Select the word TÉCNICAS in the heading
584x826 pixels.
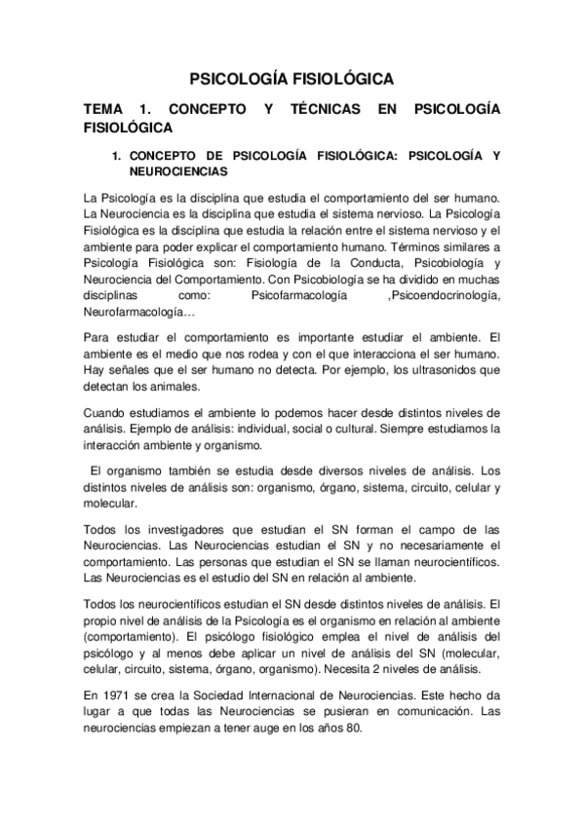tap(325, 110)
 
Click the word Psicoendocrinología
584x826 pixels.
tap(444, 295)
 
